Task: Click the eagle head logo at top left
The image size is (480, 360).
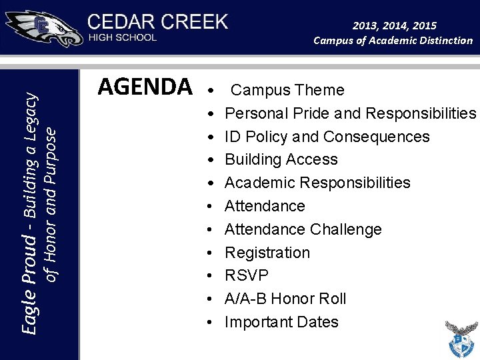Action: (x=43, y=29)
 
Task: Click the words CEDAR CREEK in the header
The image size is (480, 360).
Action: (x=157, y=21)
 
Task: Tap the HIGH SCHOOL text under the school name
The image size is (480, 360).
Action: (x=123, y=37)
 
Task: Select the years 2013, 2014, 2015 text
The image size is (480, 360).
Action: (x=395, y=25)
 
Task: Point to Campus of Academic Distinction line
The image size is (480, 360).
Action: (x=393, y=41)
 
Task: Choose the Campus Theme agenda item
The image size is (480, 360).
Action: (x=287, y=90)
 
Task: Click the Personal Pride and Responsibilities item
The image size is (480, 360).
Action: (x=350, y=113)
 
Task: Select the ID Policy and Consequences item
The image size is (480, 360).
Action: (x=327, y=137)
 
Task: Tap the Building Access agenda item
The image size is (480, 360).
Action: (x=281, y=159)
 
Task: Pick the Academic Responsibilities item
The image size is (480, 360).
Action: (x=317, y=183)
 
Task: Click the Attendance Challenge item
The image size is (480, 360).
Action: (x=303, y=229)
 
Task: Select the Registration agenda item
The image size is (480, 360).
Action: (x=267, y=253)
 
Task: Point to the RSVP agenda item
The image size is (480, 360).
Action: (x=247, y=275)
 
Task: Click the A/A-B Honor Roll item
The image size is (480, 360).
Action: (x=285, y=299)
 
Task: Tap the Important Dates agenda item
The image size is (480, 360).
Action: (x=281, y=322)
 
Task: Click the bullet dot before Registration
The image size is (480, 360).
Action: (x=210, y=253)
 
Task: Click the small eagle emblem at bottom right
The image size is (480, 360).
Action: (x=461, y=339)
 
